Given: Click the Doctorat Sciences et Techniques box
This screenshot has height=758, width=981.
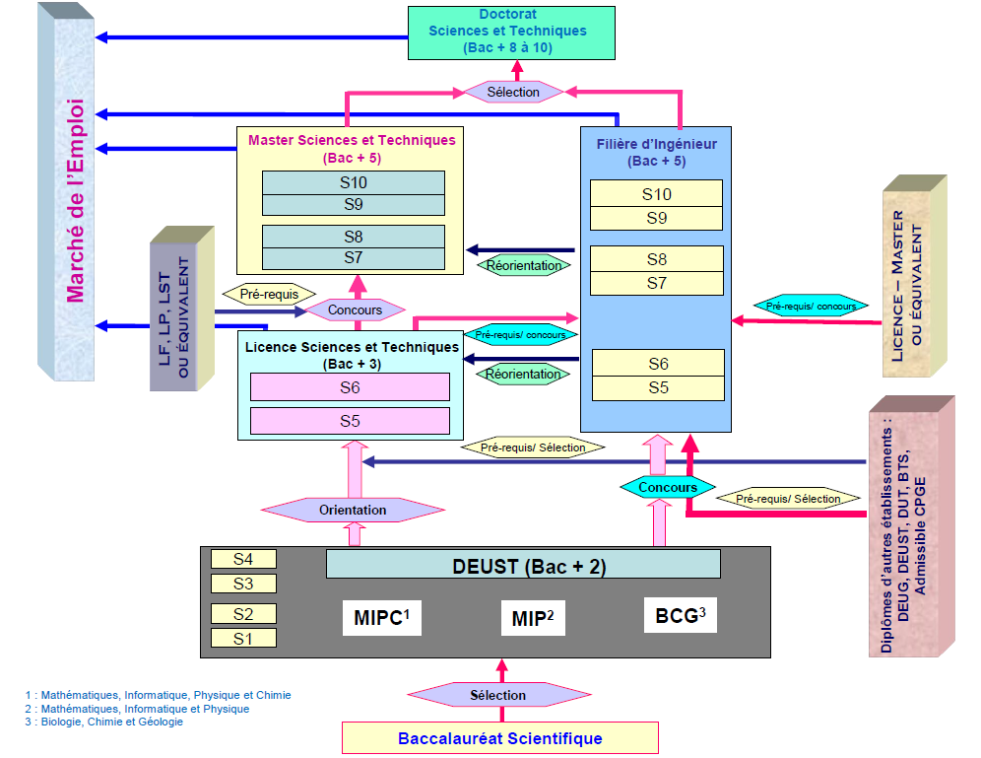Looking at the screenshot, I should click(510, 32).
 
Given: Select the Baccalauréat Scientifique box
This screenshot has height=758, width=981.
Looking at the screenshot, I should click(499, 738).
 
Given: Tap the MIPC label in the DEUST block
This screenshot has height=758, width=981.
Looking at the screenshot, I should click(381, 618).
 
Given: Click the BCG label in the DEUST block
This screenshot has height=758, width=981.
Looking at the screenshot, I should click(681, 617).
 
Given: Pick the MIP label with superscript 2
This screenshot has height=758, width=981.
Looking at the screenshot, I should click(533, 619).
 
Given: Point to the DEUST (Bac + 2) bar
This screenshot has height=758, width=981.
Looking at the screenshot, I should click(523, 566).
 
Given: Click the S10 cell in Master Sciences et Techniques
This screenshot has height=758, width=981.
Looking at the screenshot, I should click(354, 183).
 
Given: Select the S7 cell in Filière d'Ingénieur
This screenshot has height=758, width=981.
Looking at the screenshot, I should click(657, 283).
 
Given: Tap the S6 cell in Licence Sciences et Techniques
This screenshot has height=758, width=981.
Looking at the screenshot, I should click(350, 387).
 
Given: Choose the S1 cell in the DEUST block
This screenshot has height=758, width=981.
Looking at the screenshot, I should click(243, 638).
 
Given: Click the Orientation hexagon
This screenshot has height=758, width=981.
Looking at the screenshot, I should click(353, 510).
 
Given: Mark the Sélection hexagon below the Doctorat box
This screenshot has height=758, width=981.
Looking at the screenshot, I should click(514, 92).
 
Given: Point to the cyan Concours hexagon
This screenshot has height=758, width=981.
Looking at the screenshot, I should click(668, 487).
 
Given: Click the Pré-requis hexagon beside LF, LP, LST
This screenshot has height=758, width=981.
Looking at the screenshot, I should click(269, 294).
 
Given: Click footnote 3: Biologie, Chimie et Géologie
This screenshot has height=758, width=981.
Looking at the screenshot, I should click(104, 722).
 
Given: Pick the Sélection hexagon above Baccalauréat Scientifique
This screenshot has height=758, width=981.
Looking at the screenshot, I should click(497, 695).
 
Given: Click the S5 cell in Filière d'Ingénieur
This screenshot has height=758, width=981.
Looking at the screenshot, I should click(658, 387).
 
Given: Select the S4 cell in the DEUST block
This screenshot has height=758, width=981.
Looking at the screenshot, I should click(243, 559).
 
